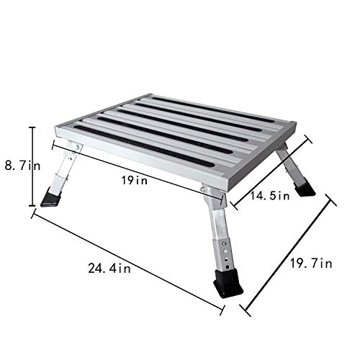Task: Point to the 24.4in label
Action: (109, 269)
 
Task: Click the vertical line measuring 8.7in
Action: (32, 167)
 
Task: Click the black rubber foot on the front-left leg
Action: (51, 197)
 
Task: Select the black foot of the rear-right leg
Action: (305, 189)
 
